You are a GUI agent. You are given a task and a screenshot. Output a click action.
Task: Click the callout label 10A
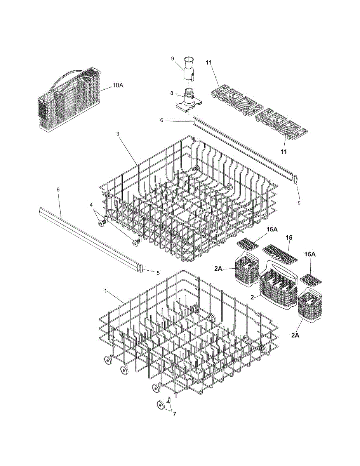(x=118, y=85)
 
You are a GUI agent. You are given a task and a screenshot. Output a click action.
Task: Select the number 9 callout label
(x=172, y=59)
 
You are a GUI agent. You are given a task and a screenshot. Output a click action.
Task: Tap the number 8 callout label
(x=172, y=93)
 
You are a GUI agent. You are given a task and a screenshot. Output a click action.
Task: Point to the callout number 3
(x=118, y=134)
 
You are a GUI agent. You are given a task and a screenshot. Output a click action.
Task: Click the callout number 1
(x=105, y=291)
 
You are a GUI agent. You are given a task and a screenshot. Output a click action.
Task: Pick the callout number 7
(x=174, y=414)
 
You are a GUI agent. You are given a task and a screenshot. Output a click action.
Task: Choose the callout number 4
(x=91, y=205)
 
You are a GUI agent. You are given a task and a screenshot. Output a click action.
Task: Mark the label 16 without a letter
(x=289, y=238)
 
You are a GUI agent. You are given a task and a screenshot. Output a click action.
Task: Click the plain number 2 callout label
(x=252, y=297)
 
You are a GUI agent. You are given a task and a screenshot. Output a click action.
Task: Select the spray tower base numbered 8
(x=189, y=100)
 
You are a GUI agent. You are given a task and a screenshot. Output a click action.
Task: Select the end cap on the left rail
(x=141, y=268)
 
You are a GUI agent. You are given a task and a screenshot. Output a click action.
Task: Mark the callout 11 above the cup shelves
(x=209, y=63)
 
